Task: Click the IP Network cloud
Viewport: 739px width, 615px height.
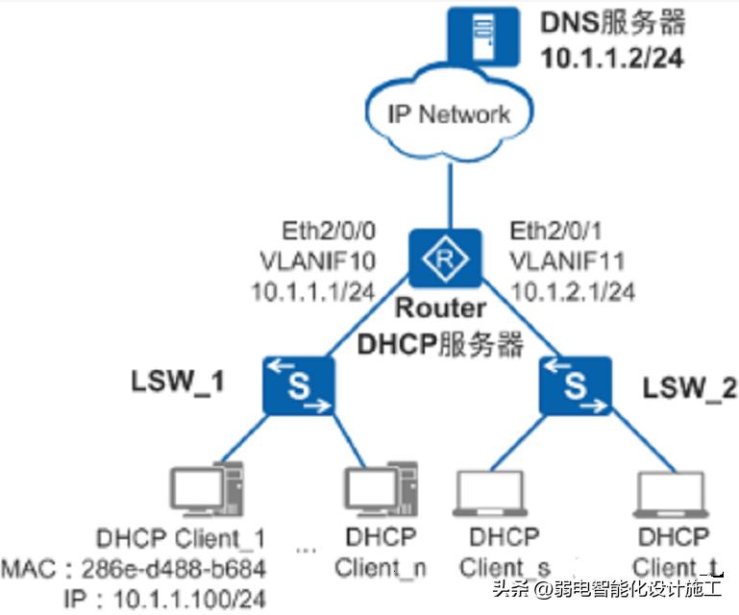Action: (448, 114)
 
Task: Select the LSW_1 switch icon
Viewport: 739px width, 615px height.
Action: (298, 386)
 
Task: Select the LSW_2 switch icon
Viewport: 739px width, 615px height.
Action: (576, 385)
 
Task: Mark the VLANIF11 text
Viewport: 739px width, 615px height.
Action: (567, 260)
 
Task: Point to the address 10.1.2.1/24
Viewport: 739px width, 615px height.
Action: (572, 290)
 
